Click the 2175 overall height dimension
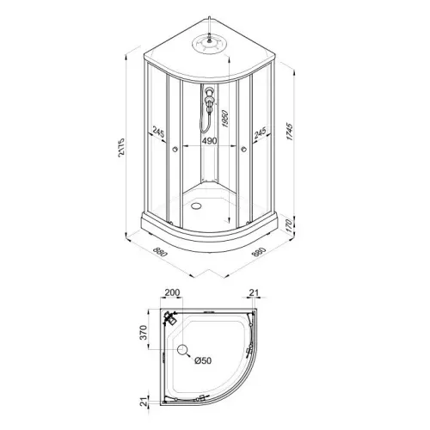point(121,148)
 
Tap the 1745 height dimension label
point(290,132)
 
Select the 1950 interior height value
point(224,119)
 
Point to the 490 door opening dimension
point(210,141)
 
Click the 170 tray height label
point(289,225)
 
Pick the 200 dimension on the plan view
point(173,292)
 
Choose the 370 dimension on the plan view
point(143,333)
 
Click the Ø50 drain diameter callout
point(203,360)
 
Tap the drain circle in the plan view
point(182,349)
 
